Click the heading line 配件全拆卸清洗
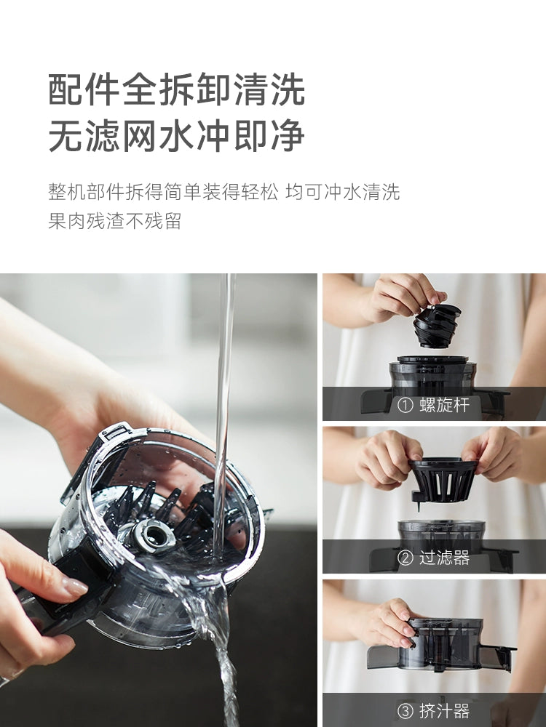point(177,89)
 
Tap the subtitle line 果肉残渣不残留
point(115,221)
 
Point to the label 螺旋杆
point(445,405)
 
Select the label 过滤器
point(445,557)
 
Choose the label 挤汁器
point(445,710)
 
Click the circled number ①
point(405,405)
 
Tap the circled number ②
point(405,558)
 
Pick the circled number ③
point(405,711)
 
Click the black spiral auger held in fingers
point(436,325)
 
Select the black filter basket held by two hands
point(443,481)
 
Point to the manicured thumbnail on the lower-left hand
point(74,588)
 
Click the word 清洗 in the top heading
point(269,89)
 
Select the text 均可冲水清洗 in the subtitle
point(343,191)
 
